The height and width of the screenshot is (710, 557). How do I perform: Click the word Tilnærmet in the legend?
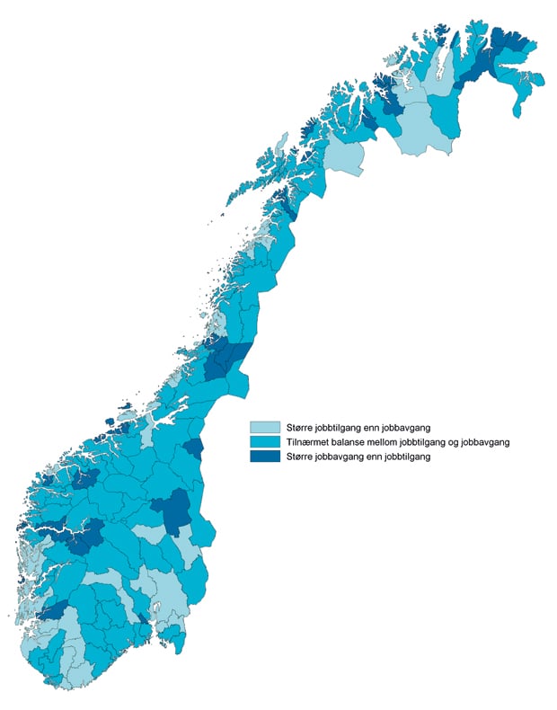tap(306, 442)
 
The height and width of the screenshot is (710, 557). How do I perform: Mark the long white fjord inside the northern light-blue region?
tap(438, 67)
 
